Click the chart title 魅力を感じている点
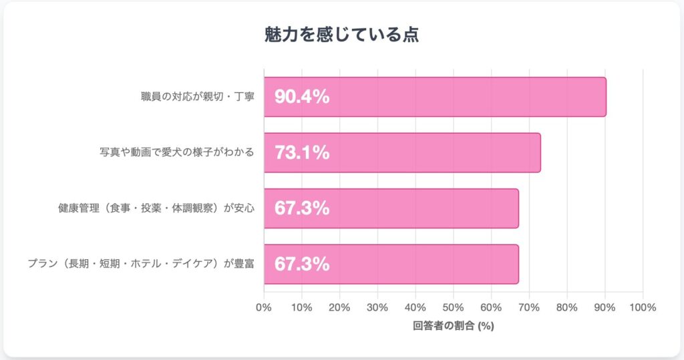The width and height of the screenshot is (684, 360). [342, 35]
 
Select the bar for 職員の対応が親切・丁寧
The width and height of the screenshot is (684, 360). [435, 97]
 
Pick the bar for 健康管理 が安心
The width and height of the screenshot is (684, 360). [391, 208]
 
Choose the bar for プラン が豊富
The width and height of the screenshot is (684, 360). [391, 264]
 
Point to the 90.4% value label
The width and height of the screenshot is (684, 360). [302, 97]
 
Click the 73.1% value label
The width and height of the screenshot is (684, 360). [302, 152]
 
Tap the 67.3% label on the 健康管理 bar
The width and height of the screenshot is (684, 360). [302, 208]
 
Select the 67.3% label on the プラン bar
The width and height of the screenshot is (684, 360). [302, 264]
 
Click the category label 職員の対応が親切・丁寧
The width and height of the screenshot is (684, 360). [194, 97]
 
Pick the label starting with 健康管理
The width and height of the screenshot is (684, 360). [156, 208]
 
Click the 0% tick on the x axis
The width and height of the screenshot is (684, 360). [264, 308]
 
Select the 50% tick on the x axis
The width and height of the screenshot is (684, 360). [453, 308]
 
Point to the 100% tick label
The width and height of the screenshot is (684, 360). [642, 308]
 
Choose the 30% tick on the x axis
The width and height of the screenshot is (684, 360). [377, 308]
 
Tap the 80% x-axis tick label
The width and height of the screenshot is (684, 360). [566, 308]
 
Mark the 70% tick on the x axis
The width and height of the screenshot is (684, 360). [529, 308]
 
